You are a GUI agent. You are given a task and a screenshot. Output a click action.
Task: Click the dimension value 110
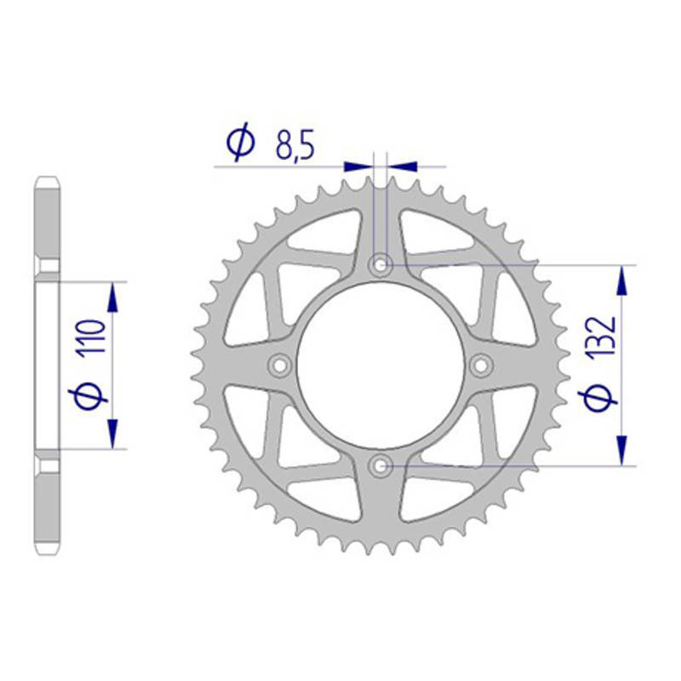pos(92,336)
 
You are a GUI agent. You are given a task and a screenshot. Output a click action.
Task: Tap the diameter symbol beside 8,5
pos(240,141)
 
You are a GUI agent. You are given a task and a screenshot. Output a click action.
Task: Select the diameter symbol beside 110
pos(88,396)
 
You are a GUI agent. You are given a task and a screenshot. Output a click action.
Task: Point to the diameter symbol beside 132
pos(598,398)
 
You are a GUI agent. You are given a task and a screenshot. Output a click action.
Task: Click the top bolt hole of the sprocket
pos(381,265)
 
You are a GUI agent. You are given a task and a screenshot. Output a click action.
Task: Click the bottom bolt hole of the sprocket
pos(381,466)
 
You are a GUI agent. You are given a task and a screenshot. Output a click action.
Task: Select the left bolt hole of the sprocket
pos(280,365)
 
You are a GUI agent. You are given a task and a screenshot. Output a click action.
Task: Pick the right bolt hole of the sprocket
pos(481,365)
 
